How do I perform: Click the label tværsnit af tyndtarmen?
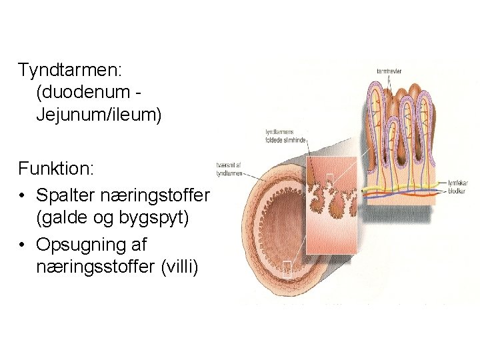click(x=229, y=169)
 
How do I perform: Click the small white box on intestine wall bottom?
click(x=287, y=269)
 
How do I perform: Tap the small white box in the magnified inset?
click(x=329, y=177)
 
